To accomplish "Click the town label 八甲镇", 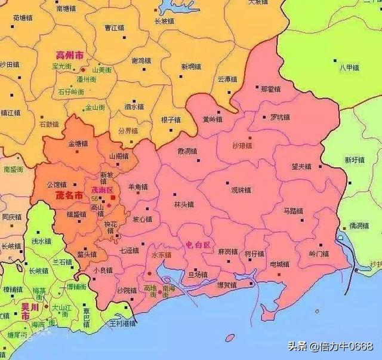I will click(349, 67).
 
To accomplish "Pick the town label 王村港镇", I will click(122, 323).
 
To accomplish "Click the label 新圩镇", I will click(354, 159).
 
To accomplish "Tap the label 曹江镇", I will click(114, 27).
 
